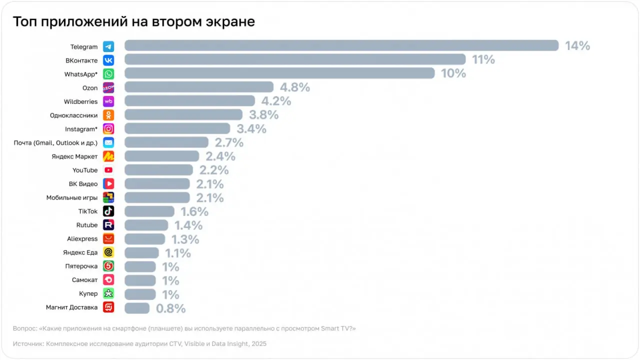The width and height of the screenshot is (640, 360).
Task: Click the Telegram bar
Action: [x=341, y=45]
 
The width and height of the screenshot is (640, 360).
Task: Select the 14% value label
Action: [x=577, y=46]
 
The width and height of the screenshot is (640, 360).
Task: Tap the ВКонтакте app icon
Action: [x=108, y=60]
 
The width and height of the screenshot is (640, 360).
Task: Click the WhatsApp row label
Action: [x=81, y=74]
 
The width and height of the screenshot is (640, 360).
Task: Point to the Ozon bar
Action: [x=198, y=87]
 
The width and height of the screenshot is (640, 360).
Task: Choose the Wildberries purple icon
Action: [x=108, y=101]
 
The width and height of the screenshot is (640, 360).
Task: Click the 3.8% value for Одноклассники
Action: [x=263, y=115]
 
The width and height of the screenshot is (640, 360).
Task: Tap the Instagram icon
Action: [x=108, y=129]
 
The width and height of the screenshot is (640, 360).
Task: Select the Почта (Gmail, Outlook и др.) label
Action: [x=55, y=142]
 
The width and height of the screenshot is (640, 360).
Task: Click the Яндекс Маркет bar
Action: [x=161, y=156]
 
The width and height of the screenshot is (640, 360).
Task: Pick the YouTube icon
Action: [x=108, y=170]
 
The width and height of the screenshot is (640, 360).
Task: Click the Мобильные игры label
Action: [x=72, y=197]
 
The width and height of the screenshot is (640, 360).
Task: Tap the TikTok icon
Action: [x=108, y=211]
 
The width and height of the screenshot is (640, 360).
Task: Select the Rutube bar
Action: [x=146, y=225]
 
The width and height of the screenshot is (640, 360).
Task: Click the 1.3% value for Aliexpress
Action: [x=185, y=239]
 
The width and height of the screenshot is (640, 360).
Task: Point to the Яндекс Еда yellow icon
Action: [x=108, y=252]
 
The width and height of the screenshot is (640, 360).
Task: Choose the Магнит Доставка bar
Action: [x=136, y=308]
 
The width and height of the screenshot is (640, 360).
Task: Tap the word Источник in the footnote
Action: [x=28, y=344]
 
